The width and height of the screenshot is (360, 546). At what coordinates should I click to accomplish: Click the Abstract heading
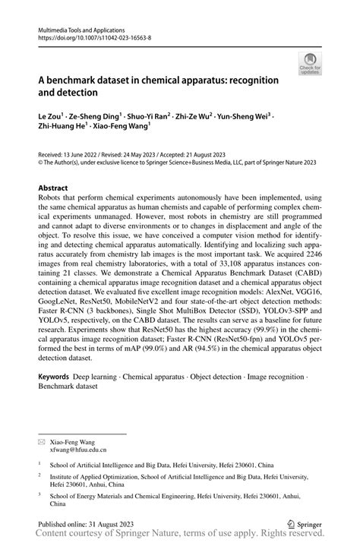55,187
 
